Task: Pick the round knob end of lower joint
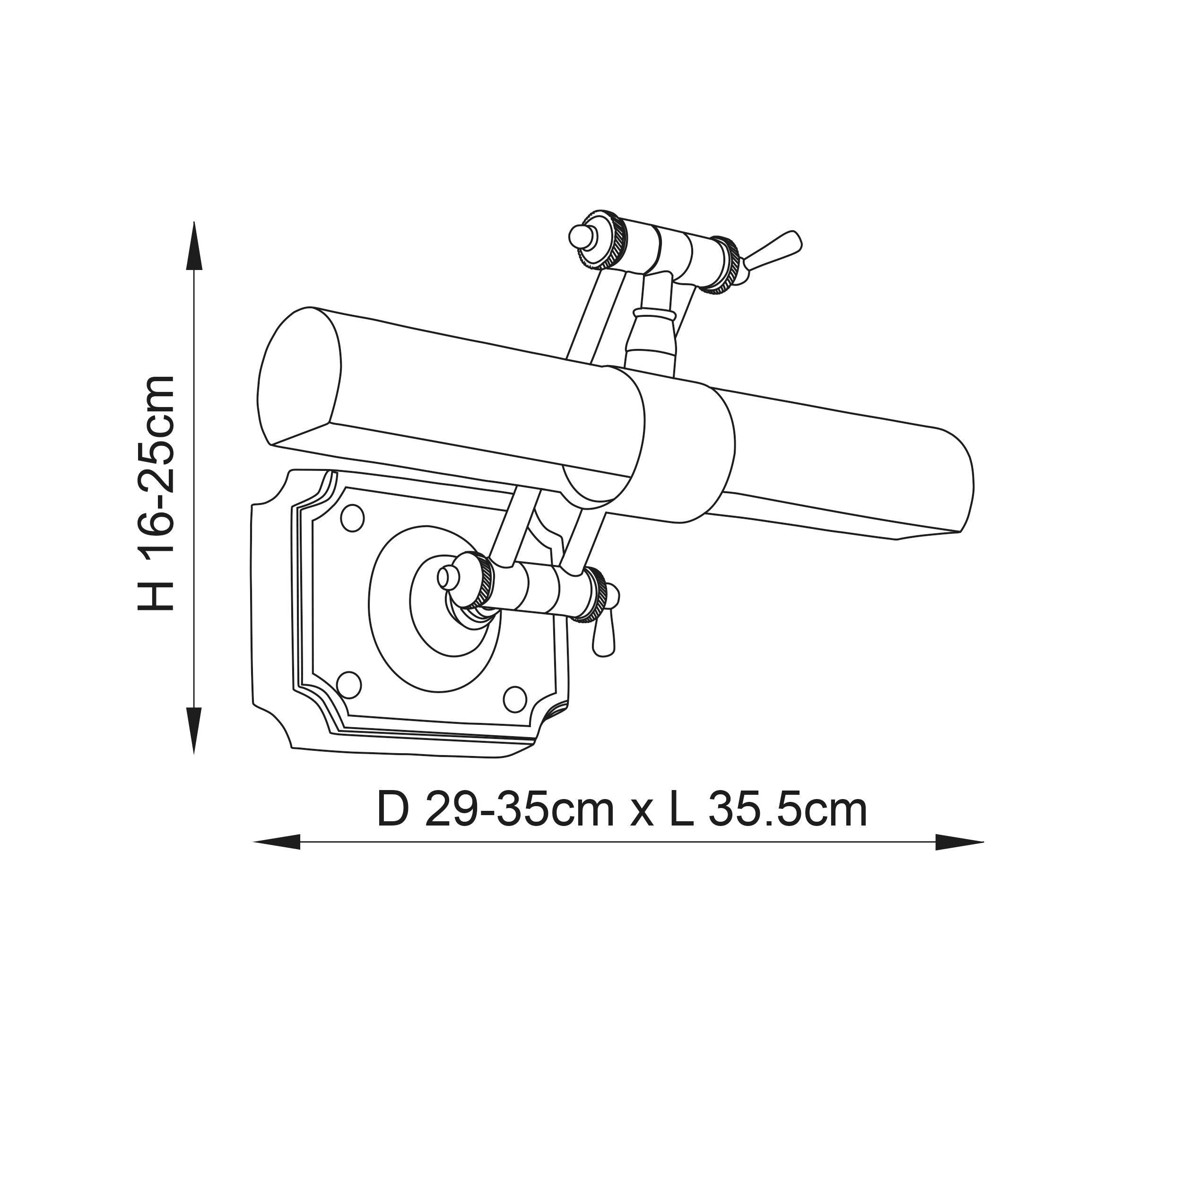(x=448, y=576)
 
